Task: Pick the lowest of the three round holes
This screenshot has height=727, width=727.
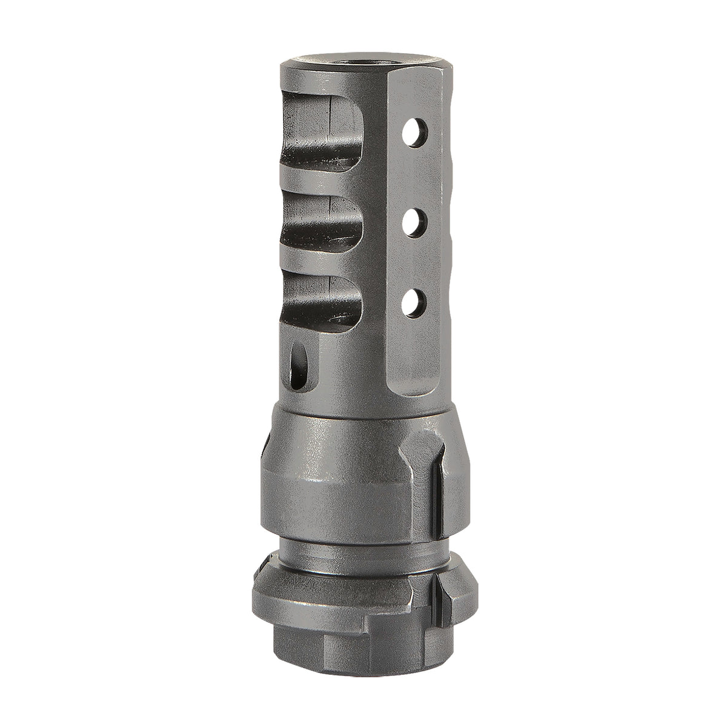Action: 415,299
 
